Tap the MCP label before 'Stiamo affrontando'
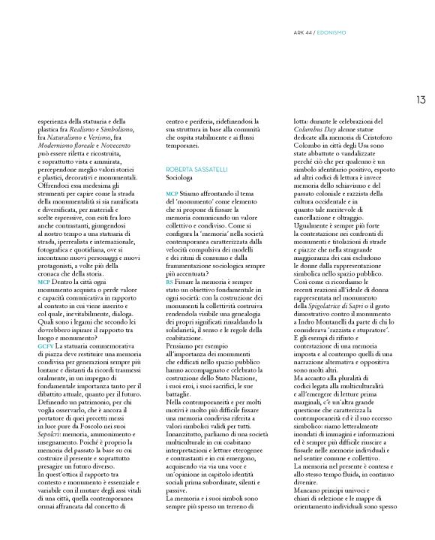(171, 194)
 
